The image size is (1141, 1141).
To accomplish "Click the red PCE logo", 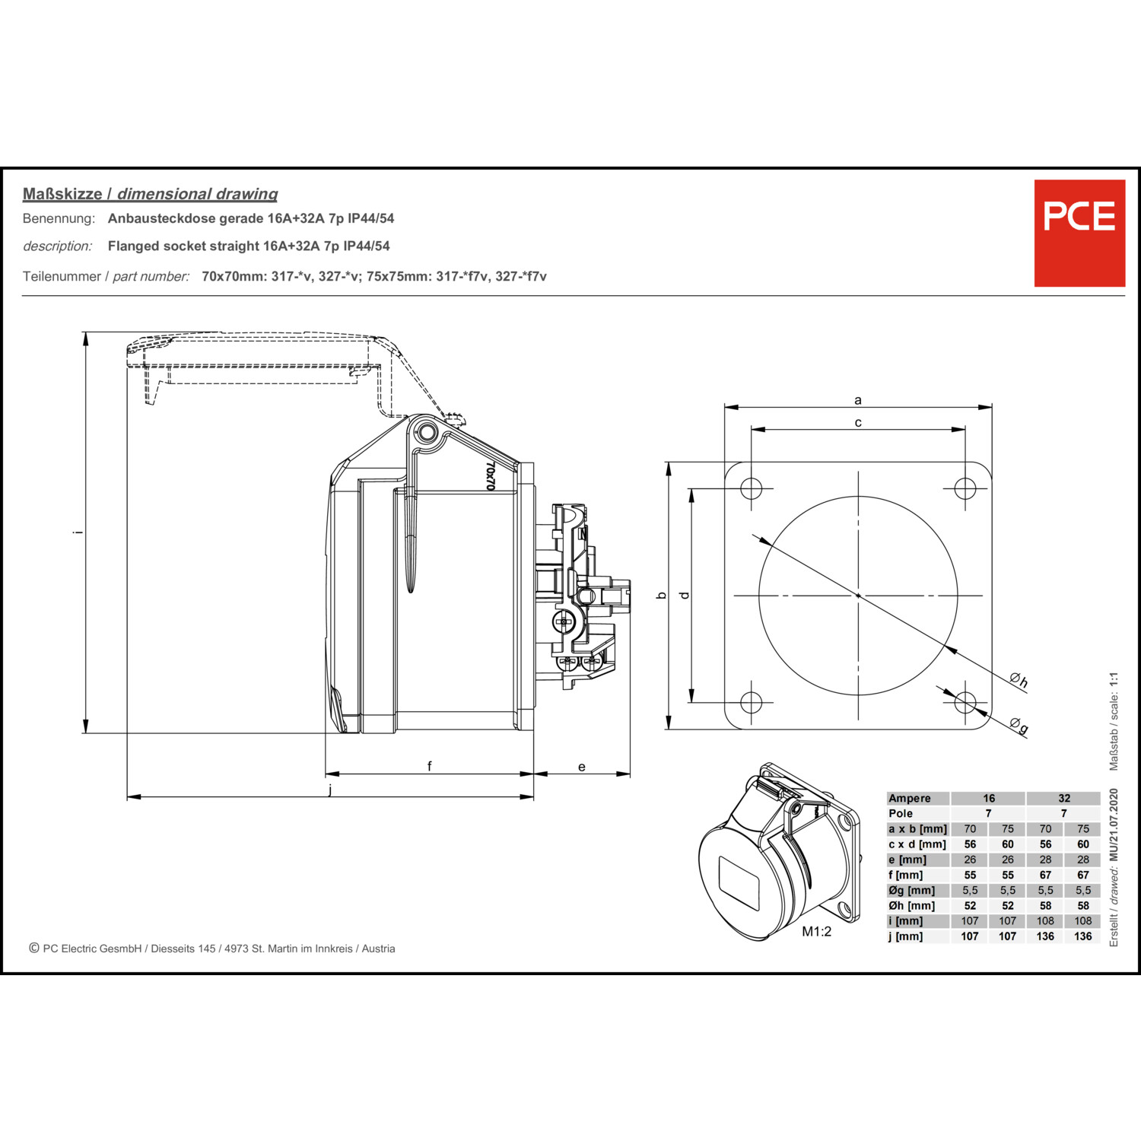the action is (1079, 233).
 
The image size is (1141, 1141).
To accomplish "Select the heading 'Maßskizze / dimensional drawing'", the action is (150, 194).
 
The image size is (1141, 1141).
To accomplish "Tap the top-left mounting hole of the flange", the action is (752, 488).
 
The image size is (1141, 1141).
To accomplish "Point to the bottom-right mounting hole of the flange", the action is (965, 701).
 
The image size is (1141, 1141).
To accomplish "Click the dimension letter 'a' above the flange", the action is (858, 400).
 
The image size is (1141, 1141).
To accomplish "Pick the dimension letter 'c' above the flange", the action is (858, 423).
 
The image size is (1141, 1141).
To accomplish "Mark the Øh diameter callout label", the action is (1019, 680).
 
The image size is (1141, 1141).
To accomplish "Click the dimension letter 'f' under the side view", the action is (430, 766).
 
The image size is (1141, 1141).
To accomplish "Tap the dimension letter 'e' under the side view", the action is (582, 767).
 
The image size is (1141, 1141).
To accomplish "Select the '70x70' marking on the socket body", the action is (491, 475).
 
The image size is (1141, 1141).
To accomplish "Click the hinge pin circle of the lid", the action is (427, 434).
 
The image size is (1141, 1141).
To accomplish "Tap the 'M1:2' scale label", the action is (817, 932).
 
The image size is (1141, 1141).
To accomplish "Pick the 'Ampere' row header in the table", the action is (909, 799).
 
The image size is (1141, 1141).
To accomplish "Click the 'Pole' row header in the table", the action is (901, 814).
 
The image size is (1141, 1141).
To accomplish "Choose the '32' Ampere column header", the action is (1064, 799).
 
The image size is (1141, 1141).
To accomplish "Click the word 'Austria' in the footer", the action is (378, 949).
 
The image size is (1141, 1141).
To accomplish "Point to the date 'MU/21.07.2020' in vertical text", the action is (1114, 825).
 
